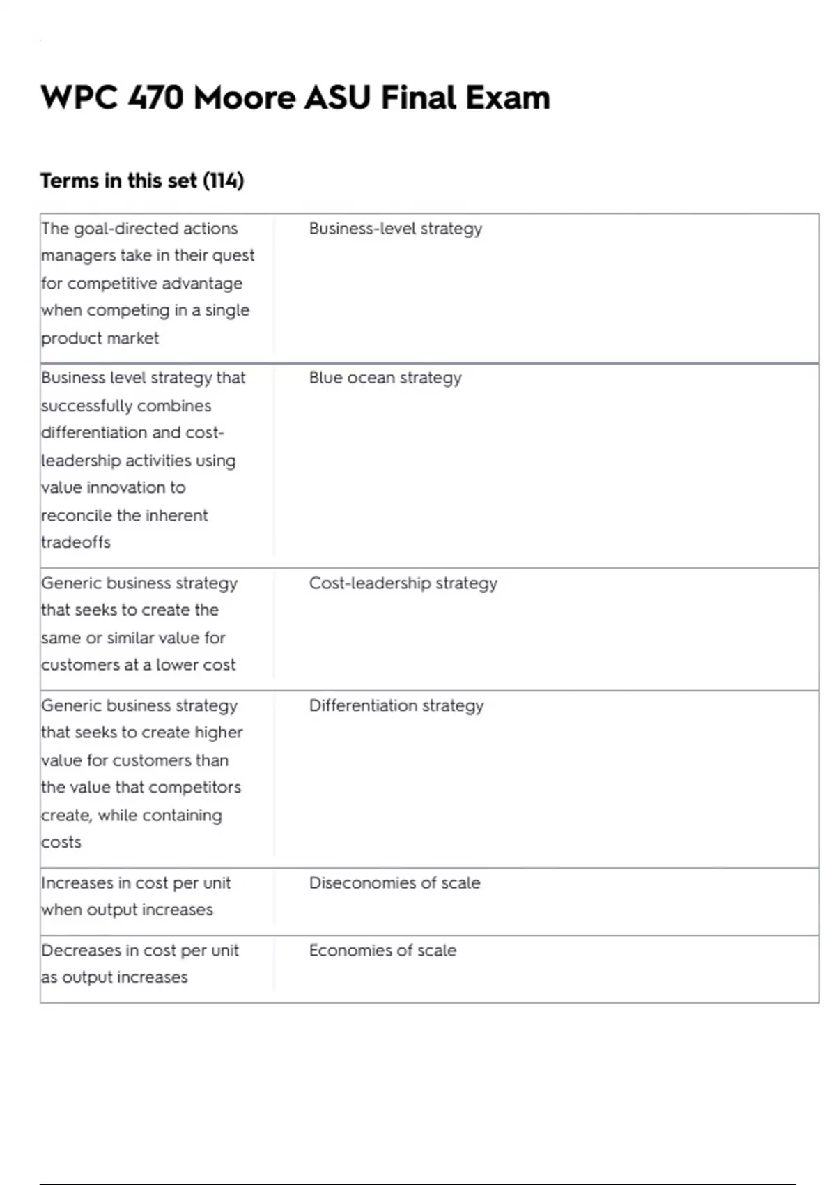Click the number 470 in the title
click(156, 98)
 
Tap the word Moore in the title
click(245, 98)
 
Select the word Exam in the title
click(508, 98)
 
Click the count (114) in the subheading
click(223, 181)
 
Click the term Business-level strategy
click(395, 229)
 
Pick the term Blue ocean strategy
click(385, 378)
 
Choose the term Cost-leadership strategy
click(403, 583)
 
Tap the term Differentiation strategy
click(396, 705)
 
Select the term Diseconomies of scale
click(394, 882)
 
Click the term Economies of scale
click(382, 950)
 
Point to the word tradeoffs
click(76, 542)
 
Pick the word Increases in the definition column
click(77, 882)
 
